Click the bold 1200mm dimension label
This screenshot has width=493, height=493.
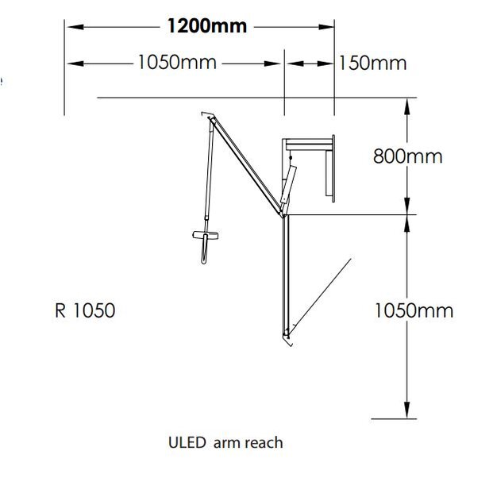coord(206,26)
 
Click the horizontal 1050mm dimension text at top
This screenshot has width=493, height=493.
coord(177,63)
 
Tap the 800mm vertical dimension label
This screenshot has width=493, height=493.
coord(407,156)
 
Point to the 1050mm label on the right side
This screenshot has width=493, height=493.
coord(414,310)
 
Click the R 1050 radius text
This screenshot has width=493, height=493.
coord(85,310)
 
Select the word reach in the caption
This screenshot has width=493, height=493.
coord(262,443)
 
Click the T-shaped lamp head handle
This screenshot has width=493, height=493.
coord(205,237)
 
